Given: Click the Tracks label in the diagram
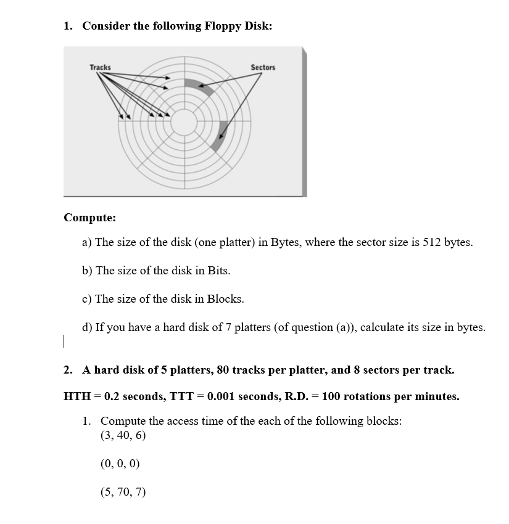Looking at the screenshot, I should coord(100,67).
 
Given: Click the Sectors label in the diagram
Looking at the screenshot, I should coord(263,67).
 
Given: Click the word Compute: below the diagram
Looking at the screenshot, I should coord(89,218).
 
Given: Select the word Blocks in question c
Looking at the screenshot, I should coord(225,299).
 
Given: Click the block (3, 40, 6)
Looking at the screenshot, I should coord(123,435).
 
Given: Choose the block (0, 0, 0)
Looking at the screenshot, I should coord(120,464).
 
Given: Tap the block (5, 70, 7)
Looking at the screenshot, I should coord(123,492).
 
